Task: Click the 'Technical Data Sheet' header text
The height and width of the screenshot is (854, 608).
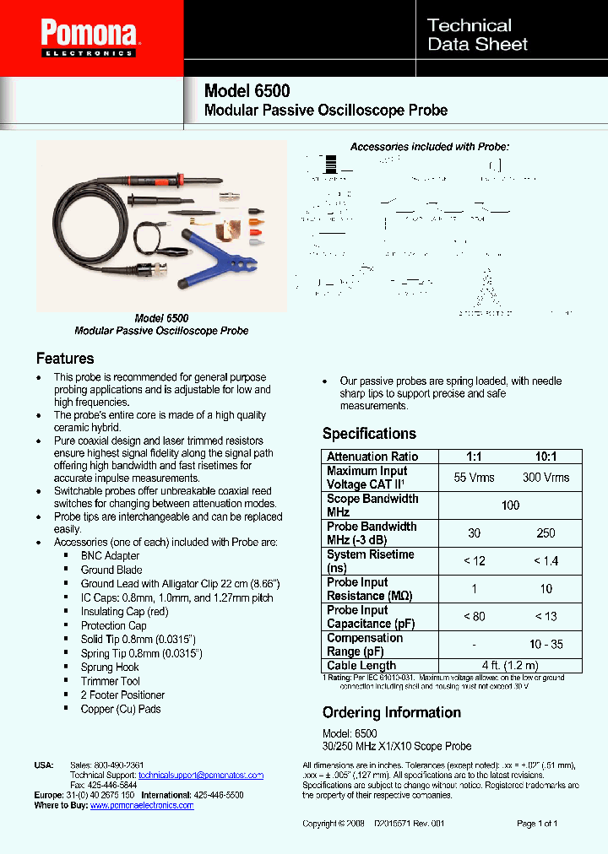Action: point(477,35)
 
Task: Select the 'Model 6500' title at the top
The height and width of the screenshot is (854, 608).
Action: point(247,91)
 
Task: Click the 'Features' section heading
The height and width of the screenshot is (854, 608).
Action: point(65,358)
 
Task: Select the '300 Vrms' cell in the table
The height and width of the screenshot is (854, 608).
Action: point(546,478)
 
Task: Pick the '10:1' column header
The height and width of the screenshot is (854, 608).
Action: point(546,457)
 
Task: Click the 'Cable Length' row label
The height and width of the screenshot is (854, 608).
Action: point(361,666)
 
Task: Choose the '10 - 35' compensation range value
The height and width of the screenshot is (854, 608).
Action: point(546,644)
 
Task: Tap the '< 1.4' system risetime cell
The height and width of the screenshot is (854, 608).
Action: point(546,561)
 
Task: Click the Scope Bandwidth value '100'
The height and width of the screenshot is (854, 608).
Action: point(510,505)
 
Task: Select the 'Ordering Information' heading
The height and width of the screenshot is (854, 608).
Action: point(392,712)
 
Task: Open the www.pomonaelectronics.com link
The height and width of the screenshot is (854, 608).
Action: point(141,805)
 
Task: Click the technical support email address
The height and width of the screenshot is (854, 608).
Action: point(201,775)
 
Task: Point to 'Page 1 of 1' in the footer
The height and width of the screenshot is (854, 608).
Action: point(536,823)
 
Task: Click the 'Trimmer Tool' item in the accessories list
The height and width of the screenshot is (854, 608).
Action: point(111,681)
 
